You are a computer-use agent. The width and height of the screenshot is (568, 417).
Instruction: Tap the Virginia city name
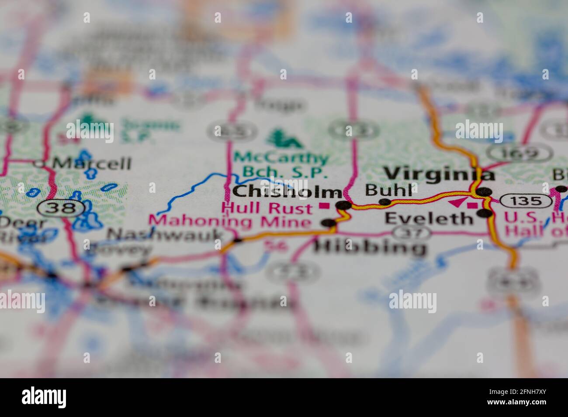pos(439,174)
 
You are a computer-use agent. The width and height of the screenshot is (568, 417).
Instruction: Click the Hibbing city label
pos(370,248)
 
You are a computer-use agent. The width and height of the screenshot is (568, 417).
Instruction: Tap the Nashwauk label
pos(165,235)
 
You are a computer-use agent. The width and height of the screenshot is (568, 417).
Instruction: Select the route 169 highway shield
pos(520,154)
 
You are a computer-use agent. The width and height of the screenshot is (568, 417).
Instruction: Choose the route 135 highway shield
pos(526,201)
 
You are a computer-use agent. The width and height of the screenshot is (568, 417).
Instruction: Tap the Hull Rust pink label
pos(267,208)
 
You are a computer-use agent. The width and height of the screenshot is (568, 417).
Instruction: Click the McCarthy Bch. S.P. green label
pos(280,164)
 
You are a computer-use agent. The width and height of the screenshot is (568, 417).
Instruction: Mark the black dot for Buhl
pos(384,202)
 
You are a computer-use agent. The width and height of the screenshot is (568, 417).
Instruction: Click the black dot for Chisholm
pos(345,205)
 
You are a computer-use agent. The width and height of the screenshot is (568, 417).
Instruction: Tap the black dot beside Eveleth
pos(484,213)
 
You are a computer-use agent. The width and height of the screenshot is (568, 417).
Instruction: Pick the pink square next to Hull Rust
pos(324,205)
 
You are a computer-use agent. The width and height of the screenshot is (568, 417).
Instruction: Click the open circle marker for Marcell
pos(40,164)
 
